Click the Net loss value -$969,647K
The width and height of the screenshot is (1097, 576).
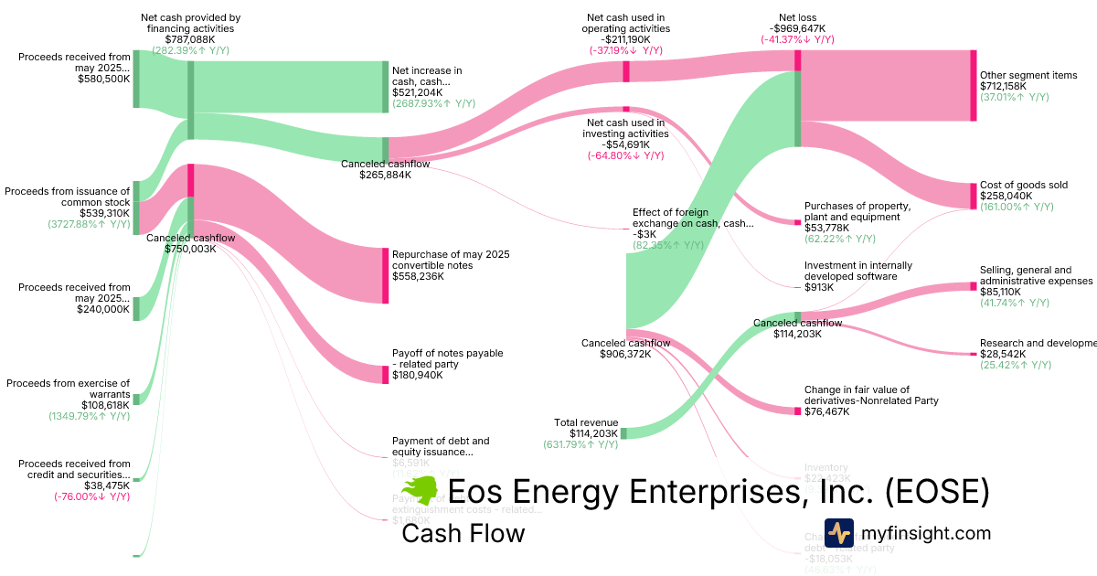796,28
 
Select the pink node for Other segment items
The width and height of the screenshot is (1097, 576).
974,85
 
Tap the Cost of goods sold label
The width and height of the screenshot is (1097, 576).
1023,185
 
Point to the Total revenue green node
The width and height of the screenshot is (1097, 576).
623,432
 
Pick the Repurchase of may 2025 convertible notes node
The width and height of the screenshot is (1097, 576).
385,275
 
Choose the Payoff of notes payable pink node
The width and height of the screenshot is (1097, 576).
385,375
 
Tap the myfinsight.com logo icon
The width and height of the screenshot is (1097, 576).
837,532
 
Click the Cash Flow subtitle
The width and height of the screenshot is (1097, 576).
463,533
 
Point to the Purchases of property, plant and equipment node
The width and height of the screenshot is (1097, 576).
797,222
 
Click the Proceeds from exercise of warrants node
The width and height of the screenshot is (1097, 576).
136,399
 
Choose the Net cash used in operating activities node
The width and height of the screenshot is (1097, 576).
626,71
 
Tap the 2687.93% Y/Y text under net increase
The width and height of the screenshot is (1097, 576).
433,104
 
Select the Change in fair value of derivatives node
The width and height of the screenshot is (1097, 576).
797,411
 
